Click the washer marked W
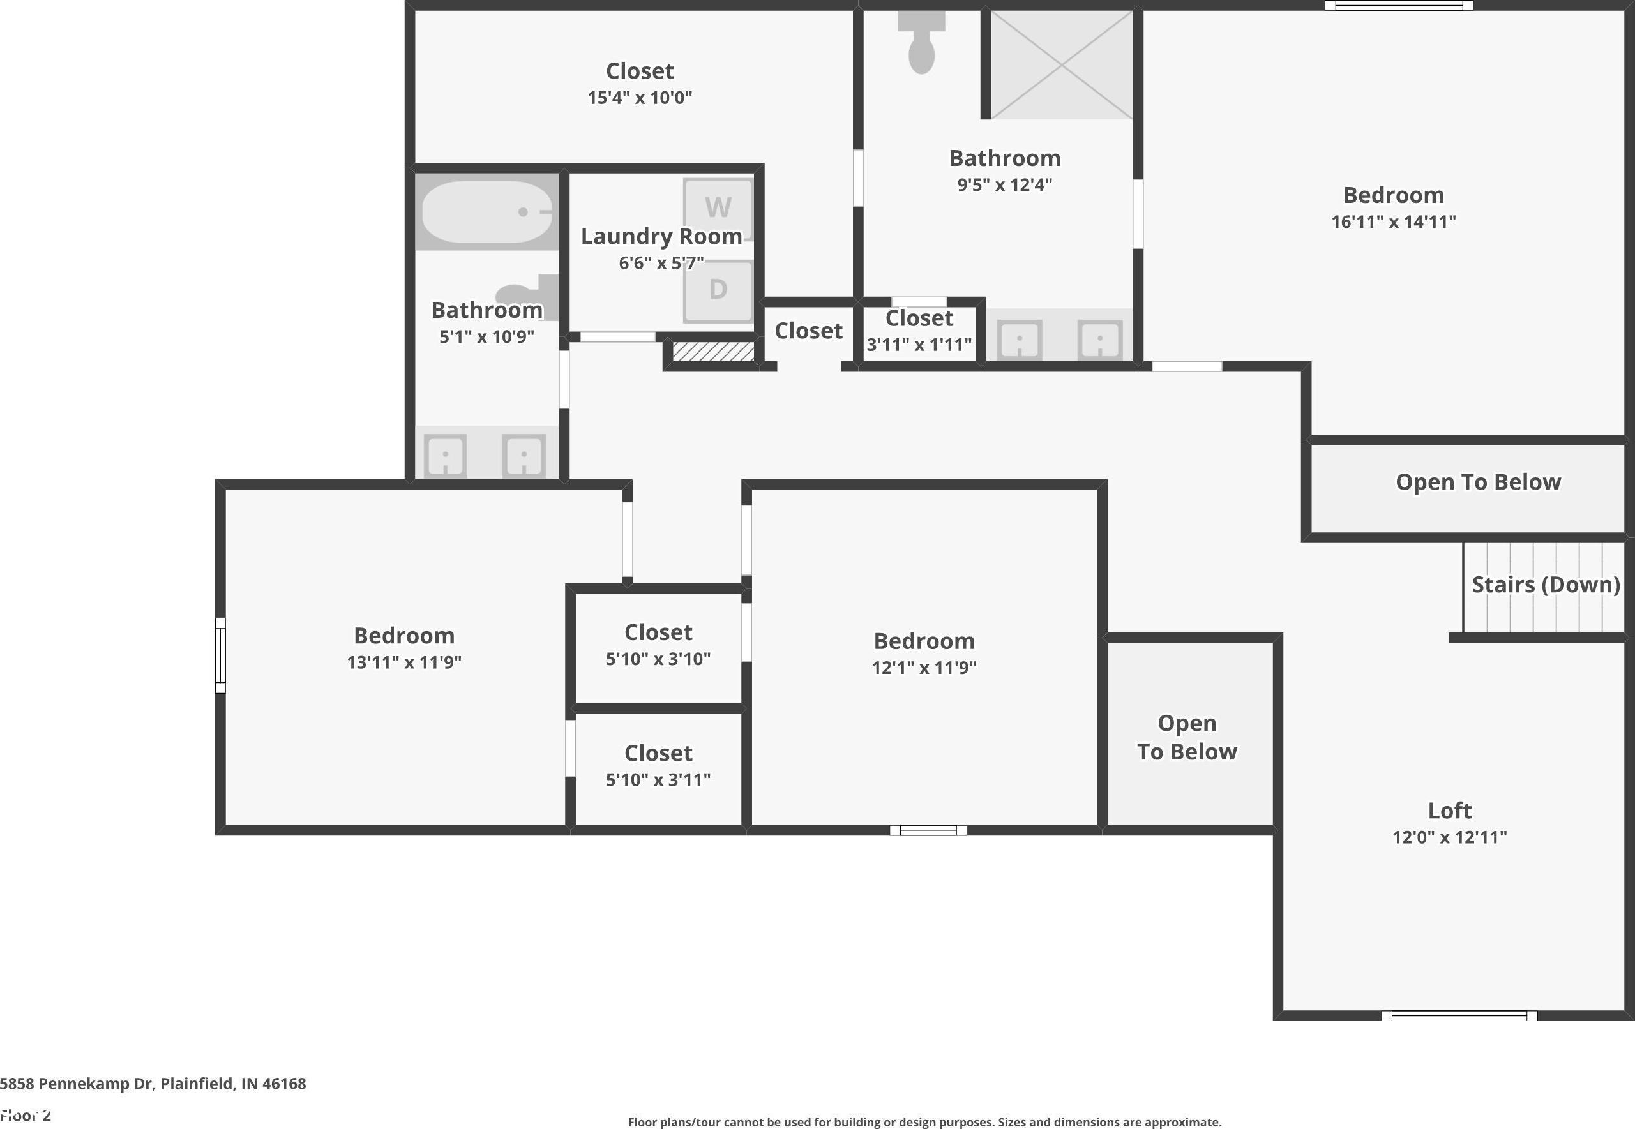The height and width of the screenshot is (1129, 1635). tap(718, 209)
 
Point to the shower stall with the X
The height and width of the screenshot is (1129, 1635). tap(1061, 64)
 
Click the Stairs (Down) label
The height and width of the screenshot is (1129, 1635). tap(1546, 585)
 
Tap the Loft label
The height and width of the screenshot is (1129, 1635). tap(1450, 810)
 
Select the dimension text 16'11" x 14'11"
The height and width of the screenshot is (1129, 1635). tap(1393, 221)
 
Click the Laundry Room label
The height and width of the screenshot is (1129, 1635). tap(661, 236)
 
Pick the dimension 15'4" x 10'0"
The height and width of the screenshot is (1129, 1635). tap(640, 98)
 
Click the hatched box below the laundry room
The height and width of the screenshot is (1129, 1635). tap(712, 352)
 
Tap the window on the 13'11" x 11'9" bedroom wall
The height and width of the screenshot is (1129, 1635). tap(221, 655)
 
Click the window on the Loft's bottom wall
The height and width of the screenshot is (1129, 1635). tap(1459, 1016)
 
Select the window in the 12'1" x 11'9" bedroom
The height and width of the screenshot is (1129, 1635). tap(928, 830)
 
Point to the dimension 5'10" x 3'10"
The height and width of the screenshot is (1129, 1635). tap(658, 659)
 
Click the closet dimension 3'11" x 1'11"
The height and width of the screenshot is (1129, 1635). tap(919, 345)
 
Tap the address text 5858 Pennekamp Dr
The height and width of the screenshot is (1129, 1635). tap(77, 1084)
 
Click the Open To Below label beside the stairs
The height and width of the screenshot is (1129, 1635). tap(1478, 482)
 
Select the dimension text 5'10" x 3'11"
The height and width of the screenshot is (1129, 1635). tap(658, 779)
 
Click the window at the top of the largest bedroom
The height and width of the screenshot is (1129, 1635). tap(1399, 6)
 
